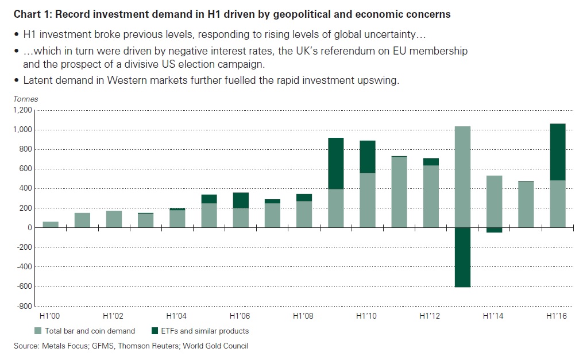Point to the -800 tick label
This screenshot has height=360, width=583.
pyautogui.click(x=23, y=306)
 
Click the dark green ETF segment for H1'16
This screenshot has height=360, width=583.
pyautogui.click(x=557, y=152)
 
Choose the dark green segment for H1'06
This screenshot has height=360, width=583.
pyautogui.click(x=241, y=200)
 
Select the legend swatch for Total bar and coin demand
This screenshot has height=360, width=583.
pyautogui.click(x=38, y=331)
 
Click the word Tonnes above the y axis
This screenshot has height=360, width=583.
pyautogui.click(x=26, y=99)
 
